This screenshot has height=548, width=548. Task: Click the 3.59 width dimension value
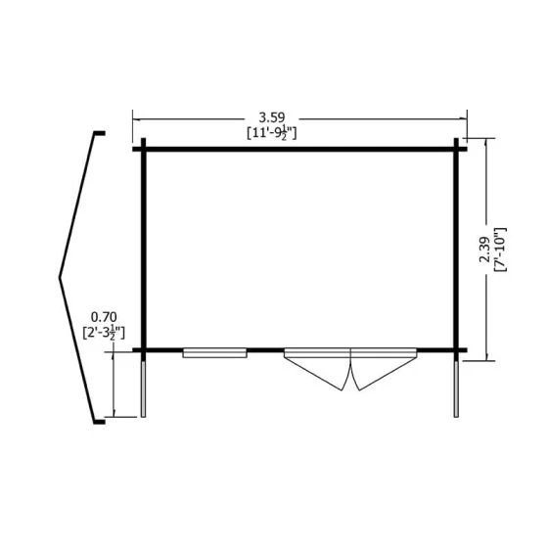pyautogui.click(x=272, y=117)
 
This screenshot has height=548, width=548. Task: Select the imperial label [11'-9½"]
pyautogui.click(x=272, y=133)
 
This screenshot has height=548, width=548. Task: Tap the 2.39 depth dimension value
pyautogui.click(x=484, y=250)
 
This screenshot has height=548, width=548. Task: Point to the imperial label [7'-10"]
pyautogui.click(x=500, y=250)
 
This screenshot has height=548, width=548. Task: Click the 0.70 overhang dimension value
pyautogui.click(x=104, y=317)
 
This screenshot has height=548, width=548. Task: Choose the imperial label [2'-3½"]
pyautogui.click(x=104, y=333)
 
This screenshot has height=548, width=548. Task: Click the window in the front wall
pyautogui.click(x=214, y=353)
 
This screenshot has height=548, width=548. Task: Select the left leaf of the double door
pyautogui.click(x=317, y=368)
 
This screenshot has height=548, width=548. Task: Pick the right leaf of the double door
pyautogui.click(x=384, y=368)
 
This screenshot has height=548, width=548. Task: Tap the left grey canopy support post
pyautogui.click(x=143, y=389)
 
